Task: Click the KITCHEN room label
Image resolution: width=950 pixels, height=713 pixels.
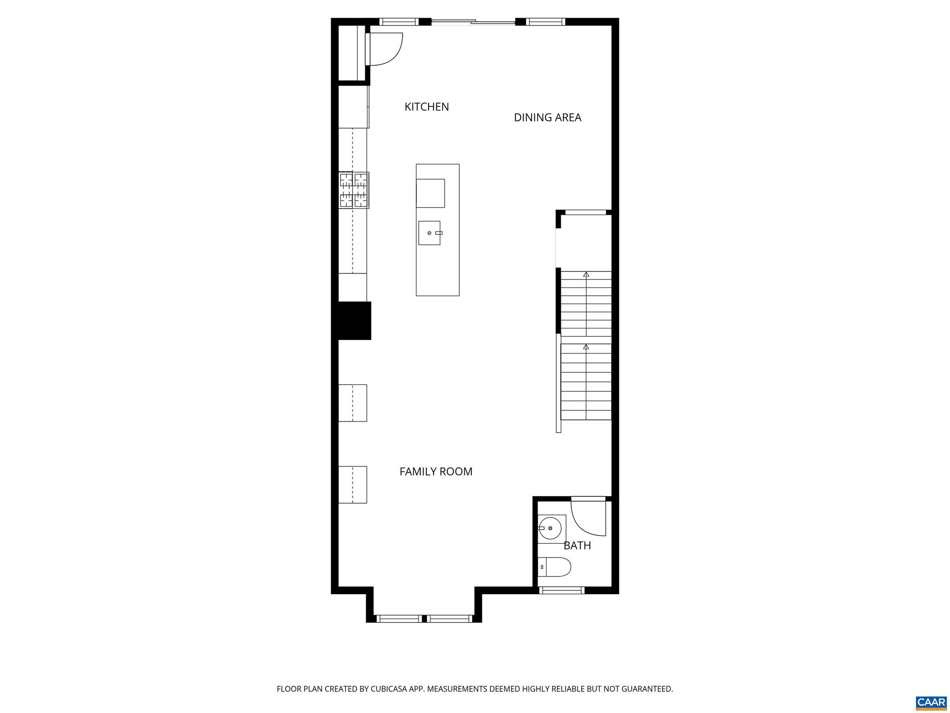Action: click(426, 107)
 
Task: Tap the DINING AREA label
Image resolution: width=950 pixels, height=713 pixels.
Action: click(547, 117)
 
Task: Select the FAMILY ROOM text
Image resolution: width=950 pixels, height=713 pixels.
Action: click(436, 472)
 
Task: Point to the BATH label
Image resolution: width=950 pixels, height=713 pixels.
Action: click(577, 545)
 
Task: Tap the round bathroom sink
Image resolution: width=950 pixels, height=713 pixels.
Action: click(550, 529)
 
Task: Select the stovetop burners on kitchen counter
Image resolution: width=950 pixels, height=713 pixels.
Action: click(354, 190)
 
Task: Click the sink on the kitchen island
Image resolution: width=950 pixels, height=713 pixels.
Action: click(430, 233)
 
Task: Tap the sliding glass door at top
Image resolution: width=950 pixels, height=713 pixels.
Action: click(473, 21)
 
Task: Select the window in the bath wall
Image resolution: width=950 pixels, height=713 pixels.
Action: click(561, 590)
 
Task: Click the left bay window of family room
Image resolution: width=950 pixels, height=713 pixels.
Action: click(398, 618)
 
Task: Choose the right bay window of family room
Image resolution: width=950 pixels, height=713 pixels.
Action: click(449, 618)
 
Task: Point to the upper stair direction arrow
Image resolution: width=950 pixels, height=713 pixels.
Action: click(586, 274)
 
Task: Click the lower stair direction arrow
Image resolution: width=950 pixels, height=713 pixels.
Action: click(586, 347)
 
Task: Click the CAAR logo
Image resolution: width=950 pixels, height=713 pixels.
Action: click(931, 702)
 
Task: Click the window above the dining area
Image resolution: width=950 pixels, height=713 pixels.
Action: click(545, 21)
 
